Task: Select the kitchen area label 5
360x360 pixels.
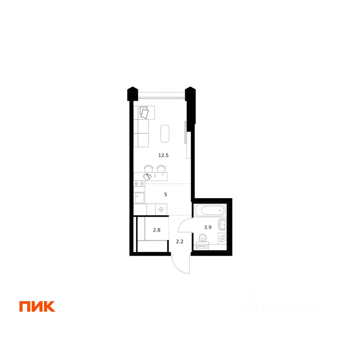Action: (165, 194)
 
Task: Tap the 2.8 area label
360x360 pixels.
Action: (156, 230)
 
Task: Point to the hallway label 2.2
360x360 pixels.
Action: (180, 241)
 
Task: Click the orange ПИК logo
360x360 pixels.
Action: (37, 306)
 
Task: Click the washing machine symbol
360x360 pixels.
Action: (222, 238)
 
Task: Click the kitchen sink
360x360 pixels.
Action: (139, 198)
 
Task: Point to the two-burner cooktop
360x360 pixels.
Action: (139, 183)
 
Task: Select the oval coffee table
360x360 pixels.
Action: (165, 133)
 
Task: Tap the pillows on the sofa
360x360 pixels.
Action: (145, 112)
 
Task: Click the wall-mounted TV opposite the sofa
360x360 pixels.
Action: (185, 132)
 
